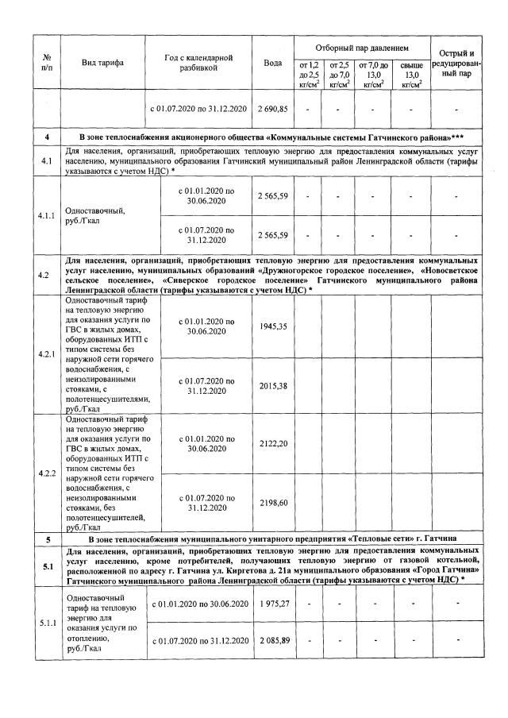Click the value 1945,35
pos(272,326)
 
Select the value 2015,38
pos(272,385)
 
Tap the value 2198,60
pos(272,503)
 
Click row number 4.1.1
pos(47,216)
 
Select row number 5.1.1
pos(47,623)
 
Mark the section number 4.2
pos(47,276)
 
